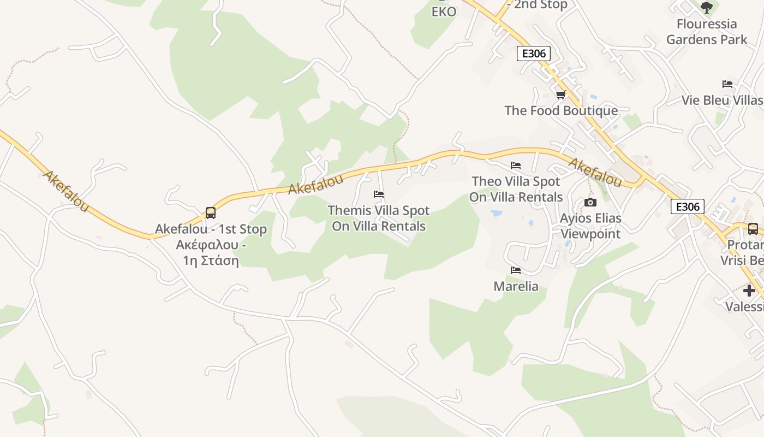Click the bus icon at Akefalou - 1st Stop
click(x=211, y=213)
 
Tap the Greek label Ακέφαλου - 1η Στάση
click(x=211, y=252)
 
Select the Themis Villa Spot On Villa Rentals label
click(x=379, y=218)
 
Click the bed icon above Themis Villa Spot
click(x=379, y=194)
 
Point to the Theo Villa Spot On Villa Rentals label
click(x=516, y=189)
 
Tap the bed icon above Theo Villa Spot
click(x=516, y=166)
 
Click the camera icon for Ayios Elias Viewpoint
click(x=590, y=203)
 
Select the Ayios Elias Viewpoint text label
click(x=591, y=226)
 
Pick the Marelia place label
click(x=516, y=286)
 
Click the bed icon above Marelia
click(x=516, y=270)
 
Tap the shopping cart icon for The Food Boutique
click(x=560, y=95)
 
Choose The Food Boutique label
click(x=561, y=110)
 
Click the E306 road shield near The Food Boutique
click(x=533, y=54)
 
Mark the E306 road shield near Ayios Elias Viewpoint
click(x=688, y=206)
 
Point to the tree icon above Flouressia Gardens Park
click(x=707, y=8)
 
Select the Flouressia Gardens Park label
click(x=707, y=32)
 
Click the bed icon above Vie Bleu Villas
click(x=727, y=84)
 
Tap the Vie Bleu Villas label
click(x=722, y=101)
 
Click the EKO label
click(x=444, y=12)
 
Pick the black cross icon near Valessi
click(x=749, y=291)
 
